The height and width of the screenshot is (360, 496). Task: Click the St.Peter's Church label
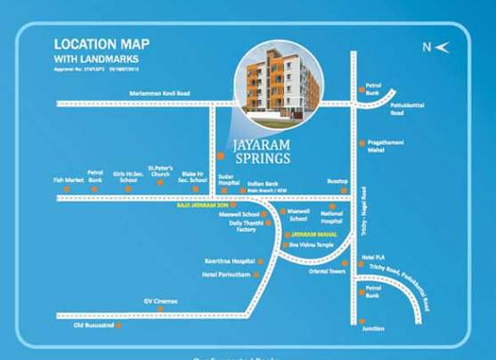[160, 169]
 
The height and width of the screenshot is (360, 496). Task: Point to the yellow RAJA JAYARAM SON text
[200, 205]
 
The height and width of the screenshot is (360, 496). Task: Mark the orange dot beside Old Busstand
[118, 324]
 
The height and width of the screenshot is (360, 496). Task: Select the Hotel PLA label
[372, 256]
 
